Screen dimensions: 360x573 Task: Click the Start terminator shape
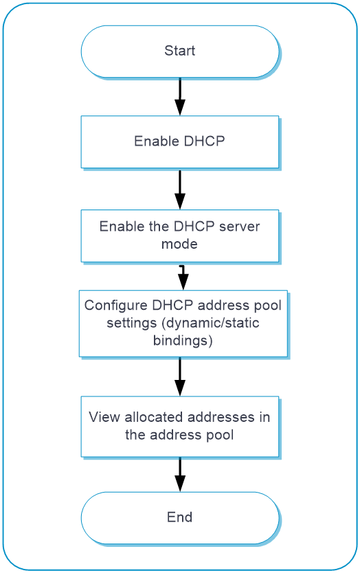click(x=180, y=51)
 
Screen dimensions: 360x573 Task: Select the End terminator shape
click(x=180, y=518)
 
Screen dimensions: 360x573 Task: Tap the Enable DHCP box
click(x=180, y=142)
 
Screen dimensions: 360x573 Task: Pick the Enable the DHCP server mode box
click(x=180, y=236)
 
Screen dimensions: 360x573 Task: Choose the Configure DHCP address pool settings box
click(x=183, y=324)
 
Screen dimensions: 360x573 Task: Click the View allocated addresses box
click(x=180, y=427)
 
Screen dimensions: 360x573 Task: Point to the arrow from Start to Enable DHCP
click(x=180, y=97)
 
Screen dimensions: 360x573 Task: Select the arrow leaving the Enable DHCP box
click(x=180, y=190)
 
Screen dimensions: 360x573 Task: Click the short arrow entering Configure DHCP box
click(x=183, y=278)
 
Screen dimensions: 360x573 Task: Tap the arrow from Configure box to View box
click(x=180, y=377)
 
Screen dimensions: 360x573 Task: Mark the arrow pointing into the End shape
click(x=180, y=475)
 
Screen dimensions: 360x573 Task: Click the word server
click(x=239, y=227)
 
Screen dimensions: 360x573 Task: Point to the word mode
click(x=179, y=244)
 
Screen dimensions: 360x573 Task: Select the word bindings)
click(x=183, y=341)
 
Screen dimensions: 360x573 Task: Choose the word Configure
click(x=115, y=306)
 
